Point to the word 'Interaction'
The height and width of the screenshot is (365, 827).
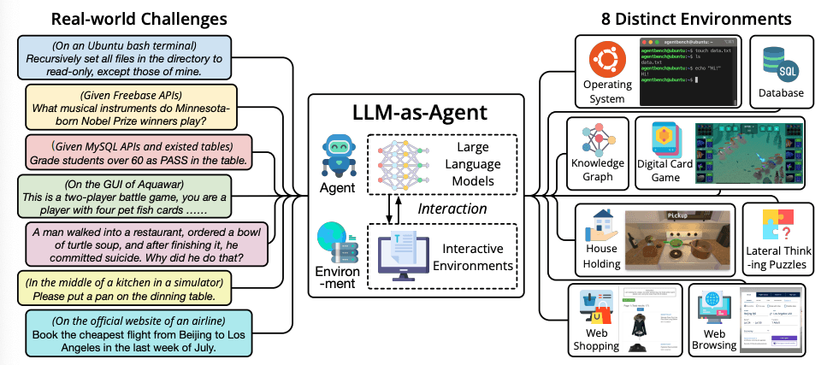tap(452, 208)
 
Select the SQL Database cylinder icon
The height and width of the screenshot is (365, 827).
tap(779, 62)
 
